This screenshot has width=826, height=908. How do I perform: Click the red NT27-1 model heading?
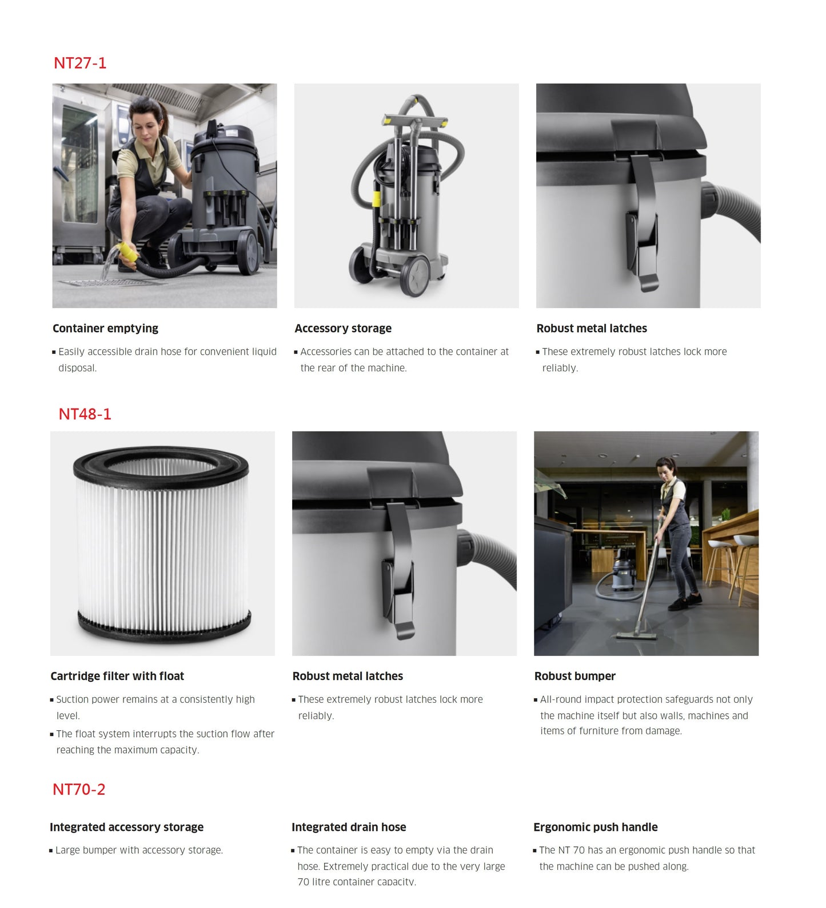coord(80,63)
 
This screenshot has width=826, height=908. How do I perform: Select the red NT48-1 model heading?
coord(85,414)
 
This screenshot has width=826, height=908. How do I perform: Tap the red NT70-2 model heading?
coord(79,789)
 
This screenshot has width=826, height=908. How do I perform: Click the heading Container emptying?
coord(105,329)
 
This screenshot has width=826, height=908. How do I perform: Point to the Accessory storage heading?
coord(343,329)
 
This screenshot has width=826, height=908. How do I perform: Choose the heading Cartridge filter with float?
coord(117,676)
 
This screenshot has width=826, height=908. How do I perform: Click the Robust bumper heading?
coord(575,676)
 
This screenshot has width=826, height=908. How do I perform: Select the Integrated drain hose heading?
coord(349,827)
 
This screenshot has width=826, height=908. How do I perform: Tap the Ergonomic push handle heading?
coord(596,827)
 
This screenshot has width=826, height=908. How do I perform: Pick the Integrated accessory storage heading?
coord(126,827)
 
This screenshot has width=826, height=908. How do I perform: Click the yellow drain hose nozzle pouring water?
coord(127,252)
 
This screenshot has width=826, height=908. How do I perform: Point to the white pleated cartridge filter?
coord(162,543)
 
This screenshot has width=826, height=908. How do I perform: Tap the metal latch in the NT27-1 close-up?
coord(644,223)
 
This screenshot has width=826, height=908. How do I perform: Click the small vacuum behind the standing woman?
coord(623,575)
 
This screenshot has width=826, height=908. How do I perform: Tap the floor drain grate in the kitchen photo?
coord(109,282)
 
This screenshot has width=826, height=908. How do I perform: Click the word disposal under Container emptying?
coord(77,368)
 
